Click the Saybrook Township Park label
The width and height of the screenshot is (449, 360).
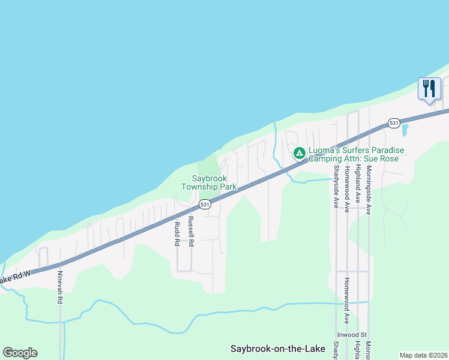(214, 182)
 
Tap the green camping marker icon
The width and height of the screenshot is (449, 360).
(299, 153)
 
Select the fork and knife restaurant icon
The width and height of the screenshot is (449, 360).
(429, 89)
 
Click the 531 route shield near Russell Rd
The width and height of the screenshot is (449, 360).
(205, 205)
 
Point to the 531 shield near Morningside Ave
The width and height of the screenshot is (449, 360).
(393, 122)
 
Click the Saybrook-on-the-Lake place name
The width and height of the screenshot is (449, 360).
(277, 349)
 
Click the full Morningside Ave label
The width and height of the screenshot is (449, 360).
(369, 191)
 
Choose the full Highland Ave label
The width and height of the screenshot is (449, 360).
(357, 185)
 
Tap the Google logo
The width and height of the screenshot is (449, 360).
(20, 353)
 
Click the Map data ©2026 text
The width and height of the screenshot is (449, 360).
(423, 355)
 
